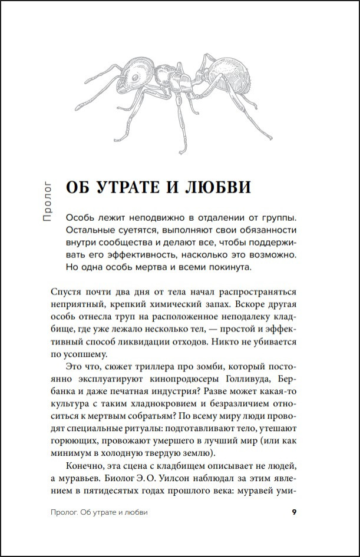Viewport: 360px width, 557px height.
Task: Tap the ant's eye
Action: (x=135, y=77)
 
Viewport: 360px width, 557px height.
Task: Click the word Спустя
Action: (x=67, y=292)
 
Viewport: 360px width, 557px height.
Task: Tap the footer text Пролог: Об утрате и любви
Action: (x=99, y=512)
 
